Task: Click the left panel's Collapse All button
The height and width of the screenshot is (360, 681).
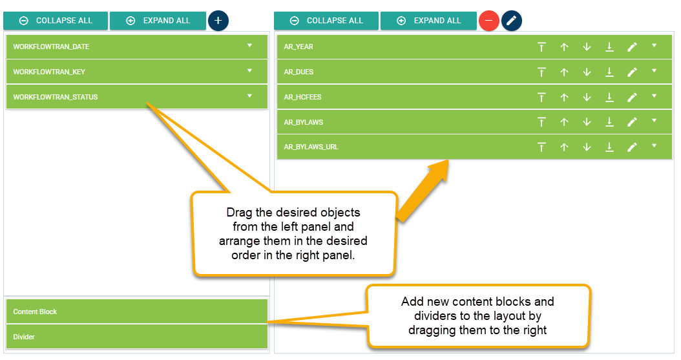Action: [56, 21]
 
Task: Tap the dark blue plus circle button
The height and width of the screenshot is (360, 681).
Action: [218, 21]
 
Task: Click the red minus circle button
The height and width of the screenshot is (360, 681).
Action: [488, 21]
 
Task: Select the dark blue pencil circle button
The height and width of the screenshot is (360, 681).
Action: [512, 21]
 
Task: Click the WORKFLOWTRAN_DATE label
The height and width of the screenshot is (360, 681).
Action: [51, 47]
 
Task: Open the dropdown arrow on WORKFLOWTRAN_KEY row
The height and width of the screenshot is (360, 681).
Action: [250, 71]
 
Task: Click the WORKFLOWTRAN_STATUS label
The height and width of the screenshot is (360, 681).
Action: [55, 98]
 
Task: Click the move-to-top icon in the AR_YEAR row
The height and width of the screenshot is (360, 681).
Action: [541, 47]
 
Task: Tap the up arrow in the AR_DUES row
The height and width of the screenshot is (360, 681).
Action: [564, 72]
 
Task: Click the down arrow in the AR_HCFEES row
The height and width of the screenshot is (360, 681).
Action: [587, 98]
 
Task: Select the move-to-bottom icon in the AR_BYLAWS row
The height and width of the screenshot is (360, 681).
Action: [609, 122]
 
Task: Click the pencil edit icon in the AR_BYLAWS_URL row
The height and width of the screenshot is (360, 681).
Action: [632, 147]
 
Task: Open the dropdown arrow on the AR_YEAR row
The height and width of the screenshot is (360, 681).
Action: [654, 46]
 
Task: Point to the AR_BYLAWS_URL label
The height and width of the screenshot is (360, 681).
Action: [311, 147]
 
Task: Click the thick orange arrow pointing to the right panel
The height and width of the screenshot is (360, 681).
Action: [423, 191]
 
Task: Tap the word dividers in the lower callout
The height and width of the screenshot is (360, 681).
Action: [439, 315]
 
